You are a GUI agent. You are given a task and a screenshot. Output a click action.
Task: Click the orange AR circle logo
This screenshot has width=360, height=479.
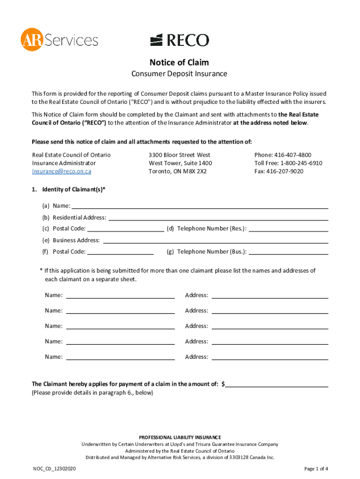coord(31,39)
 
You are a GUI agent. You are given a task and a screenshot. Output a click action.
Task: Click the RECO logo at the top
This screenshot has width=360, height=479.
coord(180,40)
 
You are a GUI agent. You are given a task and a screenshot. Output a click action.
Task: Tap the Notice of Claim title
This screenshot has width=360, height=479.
coord(179,62)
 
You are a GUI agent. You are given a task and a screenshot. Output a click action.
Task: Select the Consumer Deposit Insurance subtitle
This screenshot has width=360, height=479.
coord(179,74)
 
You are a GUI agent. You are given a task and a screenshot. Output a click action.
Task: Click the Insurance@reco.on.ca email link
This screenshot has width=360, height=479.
coord(61,171)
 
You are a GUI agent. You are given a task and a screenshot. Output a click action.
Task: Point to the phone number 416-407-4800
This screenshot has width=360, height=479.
coord(294,155)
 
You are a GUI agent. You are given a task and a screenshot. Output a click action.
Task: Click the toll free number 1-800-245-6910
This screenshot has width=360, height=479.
coord(301,163)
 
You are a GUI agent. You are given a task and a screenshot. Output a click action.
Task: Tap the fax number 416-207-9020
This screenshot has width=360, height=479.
coord(285,171)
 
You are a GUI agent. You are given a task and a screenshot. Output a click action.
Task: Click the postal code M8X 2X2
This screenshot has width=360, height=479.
coord(196,171)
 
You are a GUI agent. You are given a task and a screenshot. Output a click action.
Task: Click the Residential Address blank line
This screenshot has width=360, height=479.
coord(218,217)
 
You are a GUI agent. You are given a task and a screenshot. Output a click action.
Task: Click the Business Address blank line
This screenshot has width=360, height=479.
coord(215,240)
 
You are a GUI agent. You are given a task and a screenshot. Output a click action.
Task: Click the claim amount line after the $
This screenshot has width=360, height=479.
coord(277,384)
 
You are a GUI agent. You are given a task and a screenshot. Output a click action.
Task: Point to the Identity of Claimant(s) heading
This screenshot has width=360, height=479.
coord(73,189)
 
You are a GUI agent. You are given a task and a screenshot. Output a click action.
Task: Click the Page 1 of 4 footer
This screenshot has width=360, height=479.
coord(316,469)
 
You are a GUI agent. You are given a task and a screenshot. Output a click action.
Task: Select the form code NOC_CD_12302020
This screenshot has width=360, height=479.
coord(55,469)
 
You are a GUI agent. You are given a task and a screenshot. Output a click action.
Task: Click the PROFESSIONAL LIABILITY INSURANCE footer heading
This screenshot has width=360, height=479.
coord(180,437)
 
